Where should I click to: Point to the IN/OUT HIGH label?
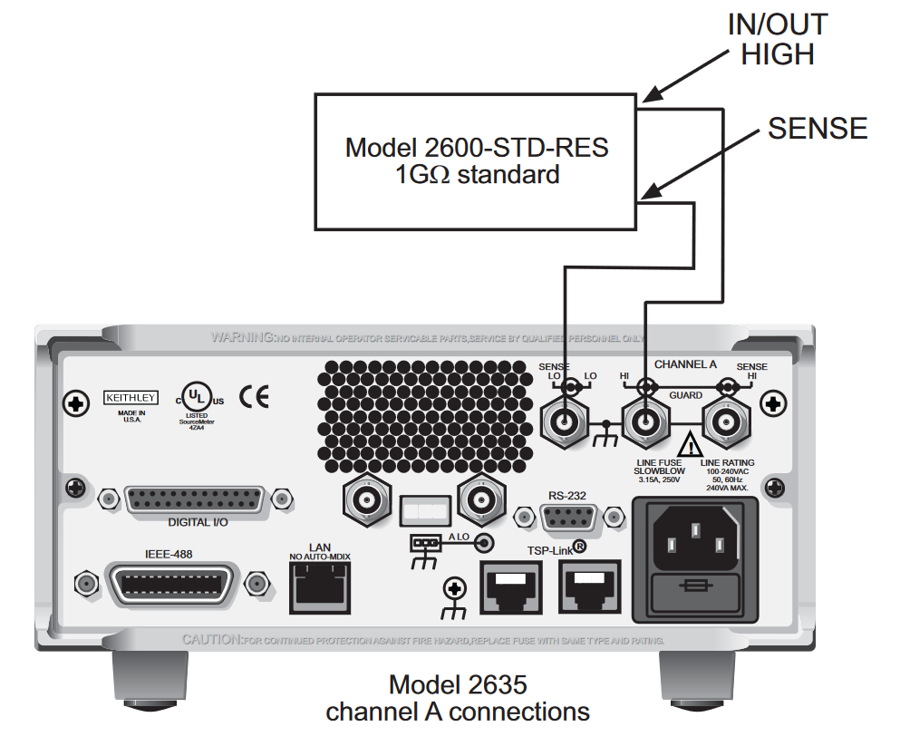(x=777, y=40)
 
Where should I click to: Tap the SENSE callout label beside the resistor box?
(x=818, y=129)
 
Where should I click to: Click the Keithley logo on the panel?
(x=131, y=397)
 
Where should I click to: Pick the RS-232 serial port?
(x=569, y=517)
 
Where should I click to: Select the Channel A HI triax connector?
(x=645, y=422)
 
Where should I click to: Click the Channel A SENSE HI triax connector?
(x=725, y=422)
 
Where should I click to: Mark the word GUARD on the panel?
(x=685, y=396)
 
